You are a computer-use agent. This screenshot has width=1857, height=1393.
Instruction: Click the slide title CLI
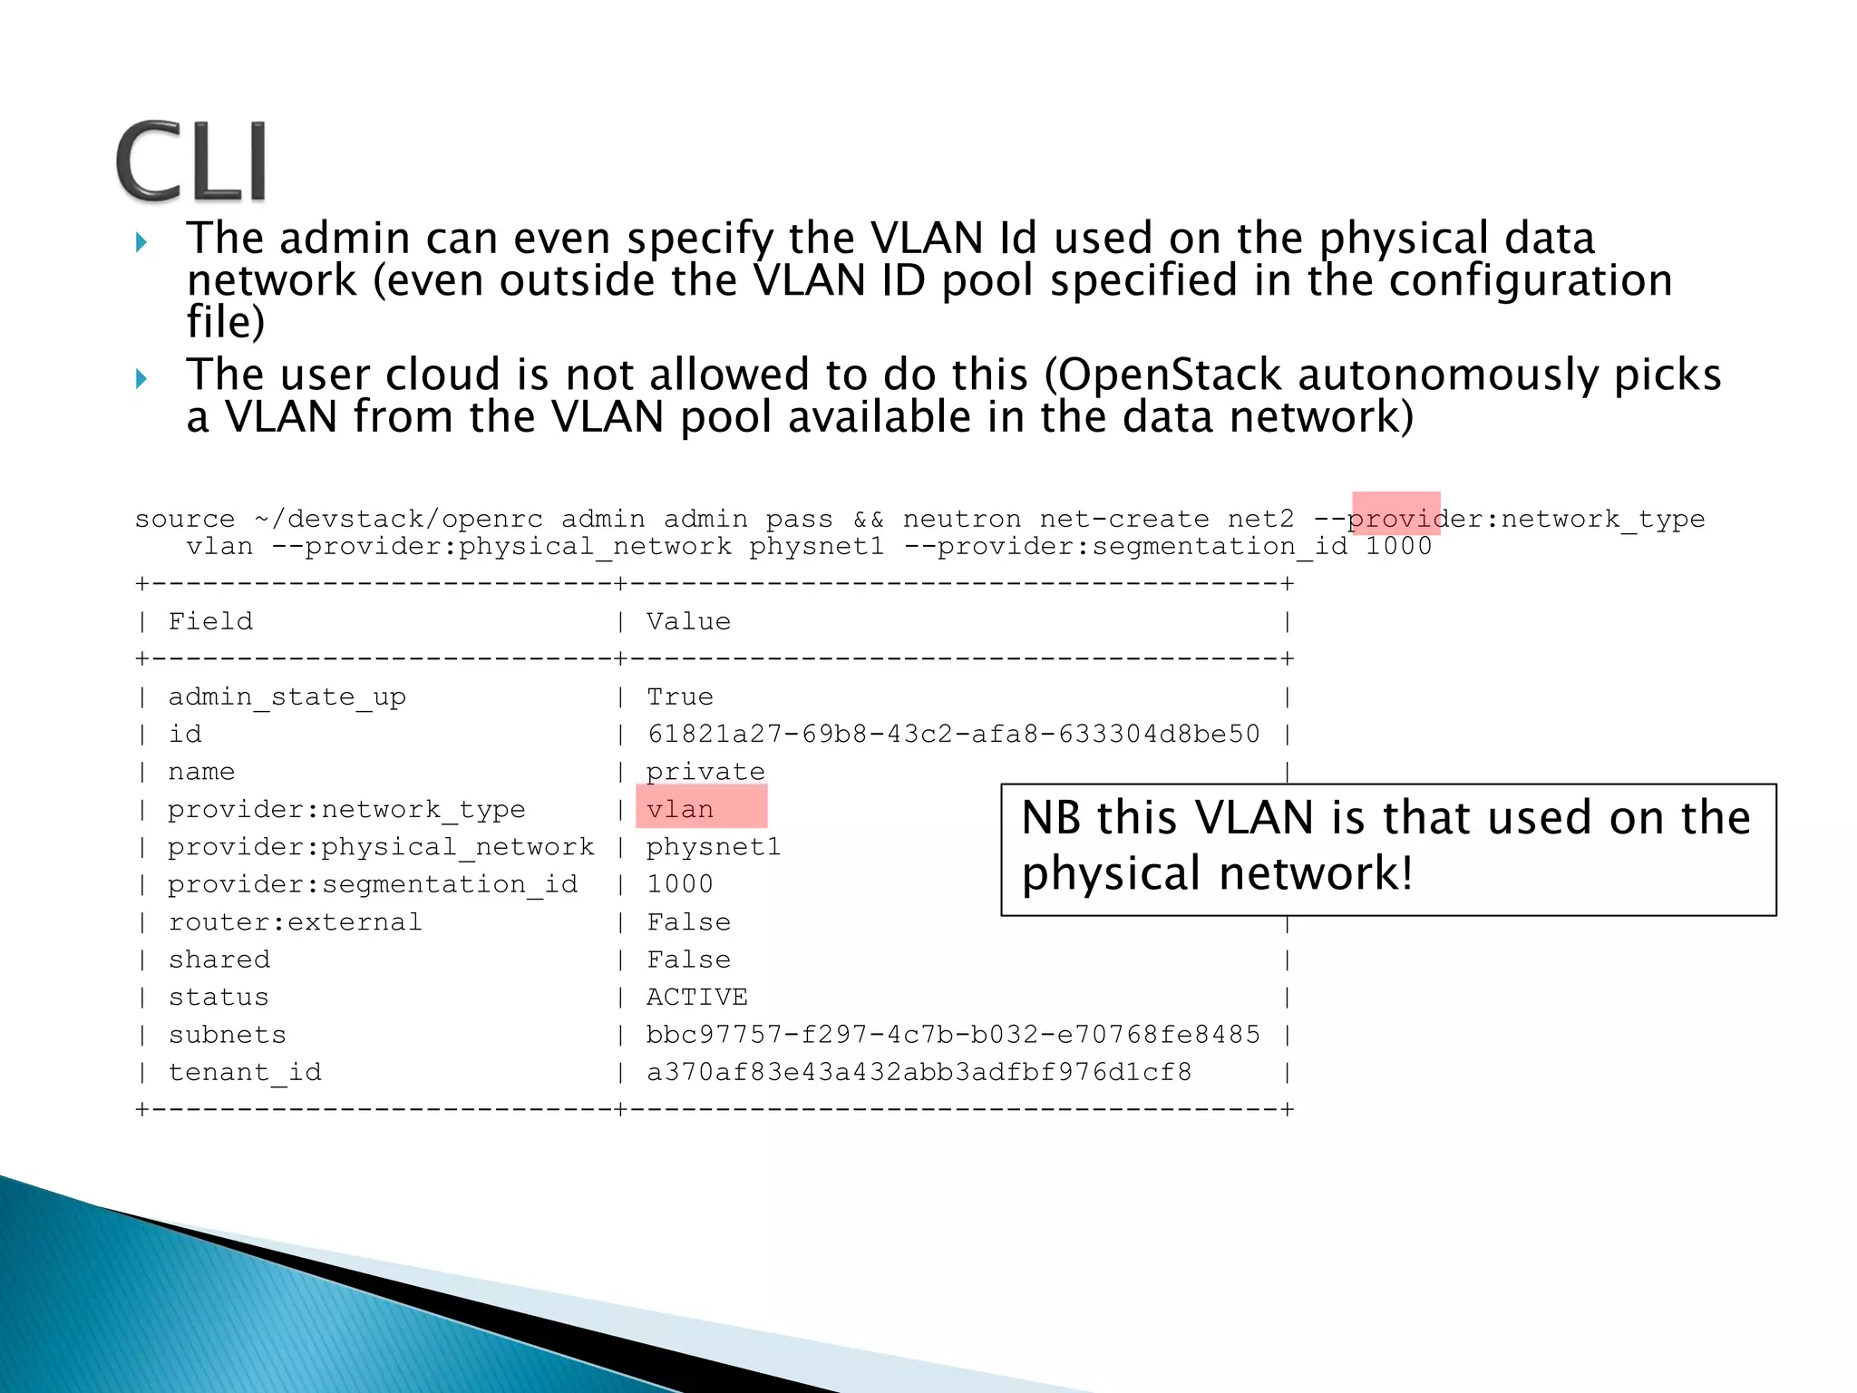[x=191, y=161]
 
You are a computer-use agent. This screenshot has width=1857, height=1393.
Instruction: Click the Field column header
[x=210, y=621]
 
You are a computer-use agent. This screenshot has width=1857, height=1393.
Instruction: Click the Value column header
[x=688, y=621]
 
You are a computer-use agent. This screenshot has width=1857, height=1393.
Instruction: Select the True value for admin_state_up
[x=679, y=696]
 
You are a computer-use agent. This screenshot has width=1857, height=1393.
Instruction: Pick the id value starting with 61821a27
[x=953, y=734]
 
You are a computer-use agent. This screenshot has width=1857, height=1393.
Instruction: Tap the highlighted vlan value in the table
[x=680, y=809]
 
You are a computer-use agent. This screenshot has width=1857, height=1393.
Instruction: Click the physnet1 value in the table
[x=714, y=847]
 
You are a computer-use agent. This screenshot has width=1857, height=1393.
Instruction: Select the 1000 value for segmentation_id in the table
[x=680, y=884]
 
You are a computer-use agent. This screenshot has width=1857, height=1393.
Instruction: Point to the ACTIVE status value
[x=696, y=997]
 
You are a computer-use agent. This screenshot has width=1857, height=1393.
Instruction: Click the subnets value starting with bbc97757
[x=953, y=1035]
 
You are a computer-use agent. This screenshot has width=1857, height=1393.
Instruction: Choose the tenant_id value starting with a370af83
[x=919, y=1072]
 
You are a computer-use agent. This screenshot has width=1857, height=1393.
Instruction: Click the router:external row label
[x=295, y=922]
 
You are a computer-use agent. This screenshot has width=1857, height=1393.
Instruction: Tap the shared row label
[x=219, y=960]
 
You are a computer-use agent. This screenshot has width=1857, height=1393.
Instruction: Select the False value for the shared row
[x=688, y=960]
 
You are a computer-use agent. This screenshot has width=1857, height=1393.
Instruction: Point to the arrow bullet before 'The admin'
[x=141, y=242]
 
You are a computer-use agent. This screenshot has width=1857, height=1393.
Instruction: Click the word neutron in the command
[x=962, y=519]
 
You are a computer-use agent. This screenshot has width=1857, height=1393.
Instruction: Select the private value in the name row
[x=705, y=772]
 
